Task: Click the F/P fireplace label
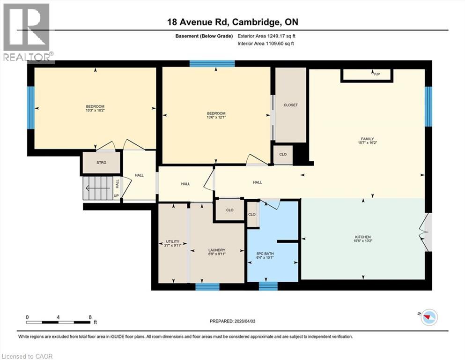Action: pos(376,74)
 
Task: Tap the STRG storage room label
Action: pos(101,163)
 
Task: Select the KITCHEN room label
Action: pos(363,237)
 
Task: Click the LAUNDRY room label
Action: pos(217,250)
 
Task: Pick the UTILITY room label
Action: pos(173,242)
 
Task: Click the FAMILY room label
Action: pos(366,139)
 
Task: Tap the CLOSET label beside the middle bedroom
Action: pos(290,105)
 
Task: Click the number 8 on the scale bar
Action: pos(90,317)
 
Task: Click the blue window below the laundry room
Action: pos(207,286)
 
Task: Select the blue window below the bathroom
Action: pos(268,286)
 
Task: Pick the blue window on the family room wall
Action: pos(428,106)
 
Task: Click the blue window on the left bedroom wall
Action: pos(30,107)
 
